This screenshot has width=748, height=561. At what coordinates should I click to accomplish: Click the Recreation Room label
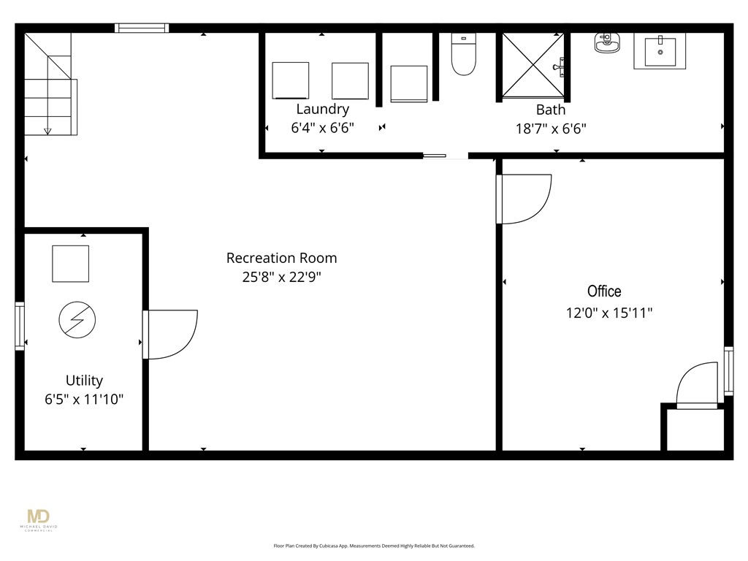(x=281, y=258)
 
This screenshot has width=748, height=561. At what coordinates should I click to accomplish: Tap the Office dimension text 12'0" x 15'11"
(x=608, y=313)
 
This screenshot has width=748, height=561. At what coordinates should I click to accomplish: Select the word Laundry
(x=322, y=110)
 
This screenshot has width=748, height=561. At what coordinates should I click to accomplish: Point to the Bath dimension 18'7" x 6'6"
(x=551, y=129)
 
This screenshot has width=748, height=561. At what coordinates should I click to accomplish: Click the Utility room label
(x=84, y=381)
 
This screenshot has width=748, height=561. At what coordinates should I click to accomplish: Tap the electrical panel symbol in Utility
(x=77, y=320)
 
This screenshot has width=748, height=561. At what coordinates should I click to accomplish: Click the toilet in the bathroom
(x=463, y=55)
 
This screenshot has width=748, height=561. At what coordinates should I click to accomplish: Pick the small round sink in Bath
(x=606, y=43)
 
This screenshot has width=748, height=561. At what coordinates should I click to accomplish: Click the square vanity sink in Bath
(x=660, y=51)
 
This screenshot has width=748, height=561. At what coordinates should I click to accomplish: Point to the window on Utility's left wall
(x=20, y=326)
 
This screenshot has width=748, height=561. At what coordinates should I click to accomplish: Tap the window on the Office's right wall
(x=728, y=370)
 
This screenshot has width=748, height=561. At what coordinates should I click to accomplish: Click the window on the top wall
(x=142, y=28)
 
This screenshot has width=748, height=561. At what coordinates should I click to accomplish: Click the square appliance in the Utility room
(x=70, y=264)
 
